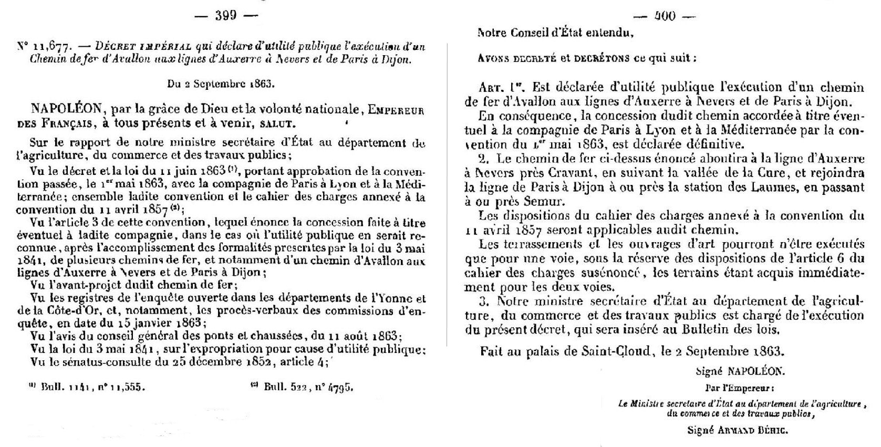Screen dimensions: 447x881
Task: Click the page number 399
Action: point(226,15)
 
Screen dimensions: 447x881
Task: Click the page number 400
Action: point(665,16)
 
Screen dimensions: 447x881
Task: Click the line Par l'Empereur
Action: point(740,389)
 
